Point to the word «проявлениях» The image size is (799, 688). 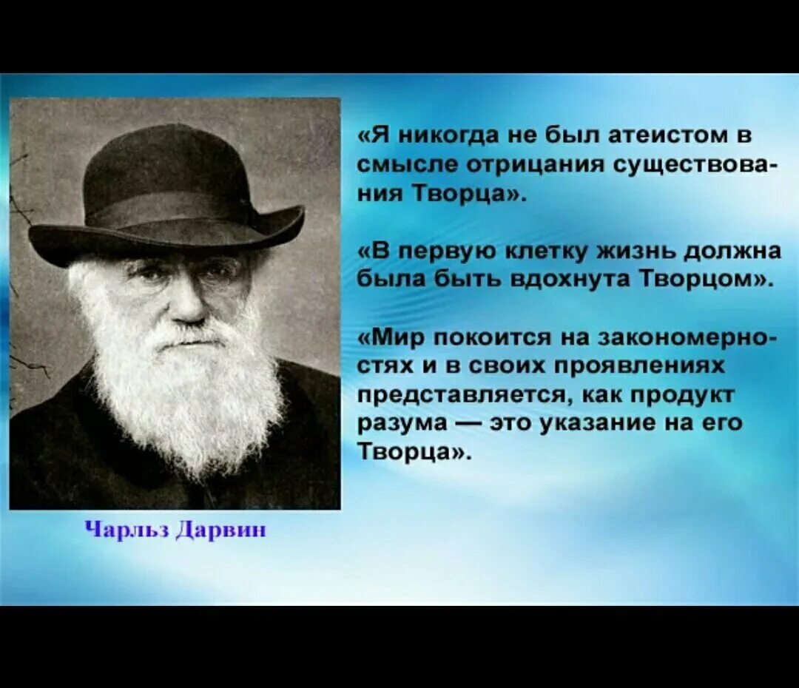coord(640,366)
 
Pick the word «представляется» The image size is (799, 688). coord(459,394)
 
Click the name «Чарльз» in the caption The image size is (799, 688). coord(125,530)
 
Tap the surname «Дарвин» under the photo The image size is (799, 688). coord(220,530)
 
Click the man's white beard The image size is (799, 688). coord(185,399)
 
